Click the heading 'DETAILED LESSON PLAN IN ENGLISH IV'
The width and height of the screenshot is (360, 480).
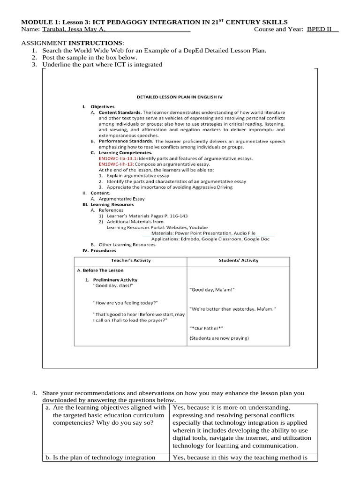tap(180, 97)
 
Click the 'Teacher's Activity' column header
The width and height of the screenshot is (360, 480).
tap(131, 261)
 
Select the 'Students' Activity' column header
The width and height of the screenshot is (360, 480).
tap(238, 261)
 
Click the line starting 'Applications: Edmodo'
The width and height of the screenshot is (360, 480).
tap(210, 239)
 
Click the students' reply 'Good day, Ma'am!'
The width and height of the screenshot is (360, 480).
tap(211, 290)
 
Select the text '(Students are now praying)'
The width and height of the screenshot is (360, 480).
tap(219, 338)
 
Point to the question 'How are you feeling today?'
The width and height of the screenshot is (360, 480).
tap(126, 303)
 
